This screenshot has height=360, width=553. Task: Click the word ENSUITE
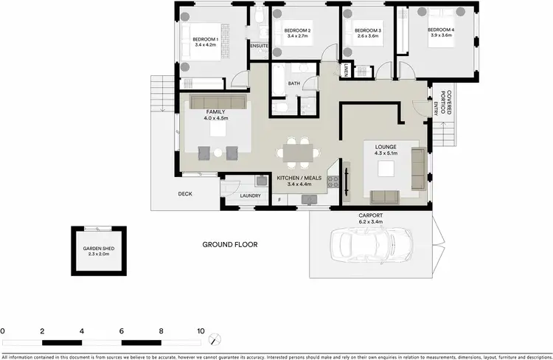pos(259,46)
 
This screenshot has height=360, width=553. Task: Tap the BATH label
pos(293,83)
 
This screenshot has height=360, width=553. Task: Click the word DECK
pos(185,195)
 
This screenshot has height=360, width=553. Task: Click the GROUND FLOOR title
pos(230,244)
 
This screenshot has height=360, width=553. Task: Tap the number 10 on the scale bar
pos(200,331)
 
